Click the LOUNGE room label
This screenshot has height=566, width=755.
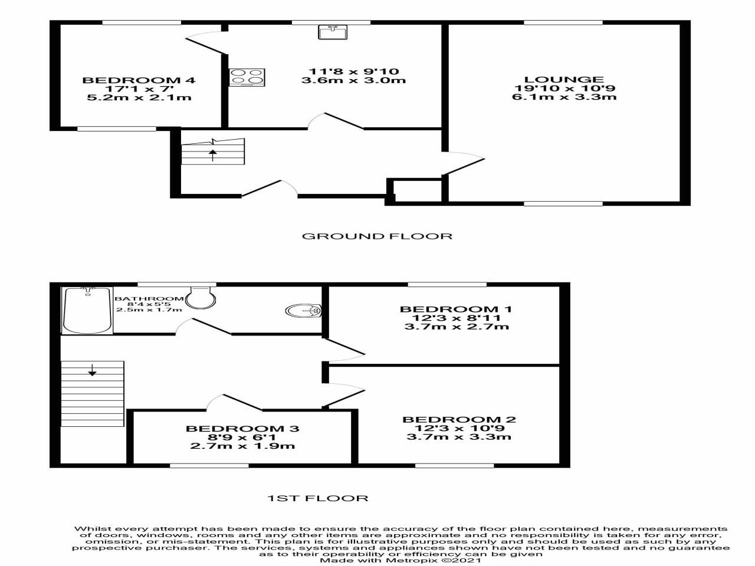tap(564, 80)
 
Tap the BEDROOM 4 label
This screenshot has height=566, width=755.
tap(139, 80)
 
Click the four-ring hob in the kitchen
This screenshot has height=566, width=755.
tap(247, 77)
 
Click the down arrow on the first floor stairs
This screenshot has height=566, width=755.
tap(92, 371)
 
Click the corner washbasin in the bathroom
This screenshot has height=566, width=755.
tap(304, 310)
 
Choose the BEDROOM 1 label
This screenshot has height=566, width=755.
tap(456, 309)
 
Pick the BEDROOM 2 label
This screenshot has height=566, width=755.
tap(459, 420)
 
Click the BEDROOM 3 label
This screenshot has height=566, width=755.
tap(242, 429)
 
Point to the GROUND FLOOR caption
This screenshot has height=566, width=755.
tap(377, 236)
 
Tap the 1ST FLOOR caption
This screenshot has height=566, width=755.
tap(318, 498)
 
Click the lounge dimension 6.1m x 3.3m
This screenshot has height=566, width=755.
tap(564, 97)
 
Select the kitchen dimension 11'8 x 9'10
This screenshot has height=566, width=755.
tap(353, 71)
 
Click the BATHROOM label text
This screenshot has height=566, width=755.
tap(149, 299)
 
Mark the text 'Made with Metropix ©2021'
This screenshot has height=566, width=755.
tap(401, 560)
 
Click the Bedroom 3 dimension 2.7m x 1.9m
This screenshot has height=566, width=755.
tap(242, 446)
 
